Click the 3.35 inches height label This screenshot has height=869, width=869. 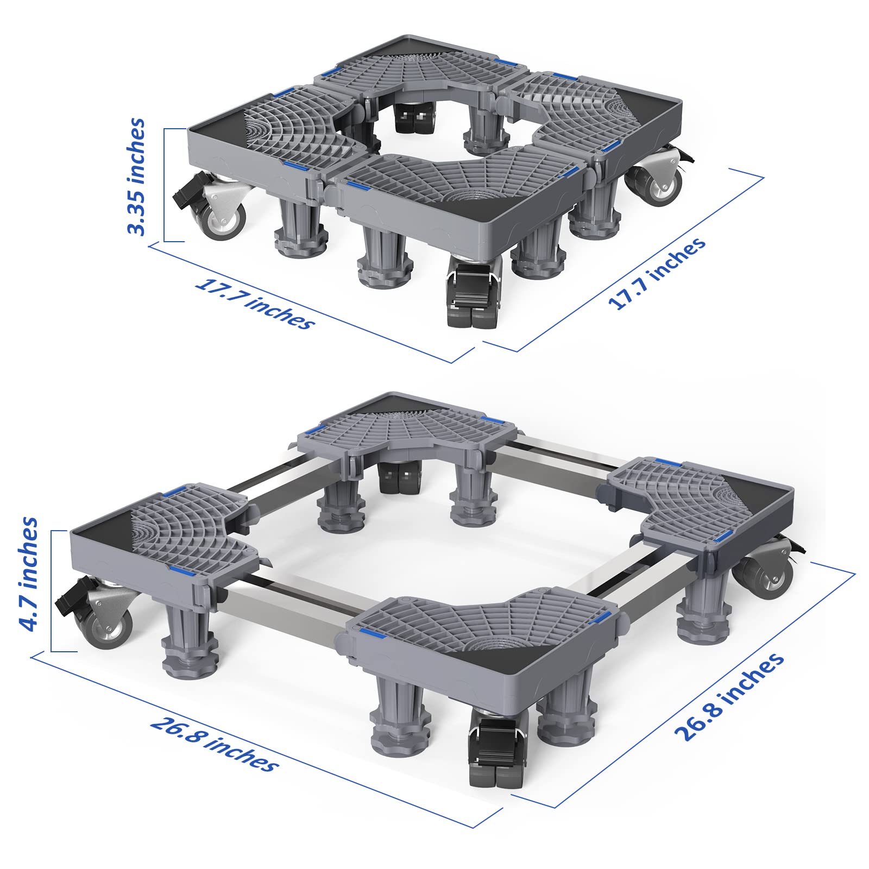pyautogui.click(x=136, y=177)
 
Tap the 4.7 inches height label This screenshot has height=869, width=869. pyautogui.click(x=28, y=574)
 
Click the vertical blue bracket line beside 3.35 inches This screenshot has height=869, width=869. pyautogui.click(x=164, y=185)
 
